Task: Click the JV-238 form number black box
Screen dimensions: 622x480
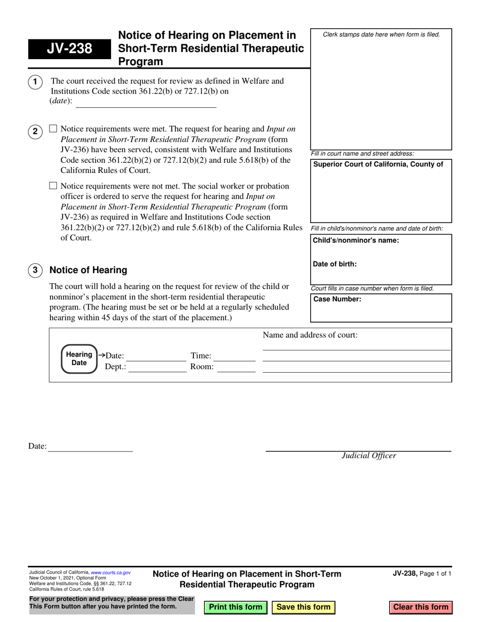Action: click(x=70, y=49)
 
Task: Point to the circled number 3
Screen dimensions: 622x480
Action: click(x=35, y=270)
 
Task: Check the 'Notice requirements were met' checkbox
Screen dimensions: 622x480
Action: click(x=53, y=129)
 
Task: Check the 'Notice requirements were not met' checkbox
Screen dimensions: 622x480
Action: click(x=53, y=186)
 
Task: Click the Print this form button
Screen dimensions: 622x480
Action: click(x=235, y=607)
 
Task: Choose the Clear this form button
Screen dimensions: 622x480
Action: click(x=420, y=607)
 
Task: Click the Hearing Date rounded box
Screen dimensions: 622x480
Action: click(x=79, y=359)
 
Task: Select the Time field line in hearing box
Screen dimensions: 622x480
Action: click(x=236, y=360)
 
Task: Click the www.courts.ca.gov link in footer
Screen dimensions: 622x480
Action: click(x=111, y=572)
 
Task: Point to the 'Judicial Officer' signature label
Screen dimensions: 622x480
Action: click(x=369, y=456)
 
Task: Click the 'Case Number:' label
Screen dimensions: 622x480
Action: click(x=338, y=299)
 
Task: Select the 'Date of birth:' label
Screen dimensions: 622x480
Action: click(x=335, y=263)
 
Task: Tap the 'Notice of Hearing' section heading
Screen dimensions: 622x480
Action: click(x=88, y=270)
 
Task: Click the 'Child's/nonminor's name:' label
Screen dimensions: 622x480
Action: click(x=356, y=240)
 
